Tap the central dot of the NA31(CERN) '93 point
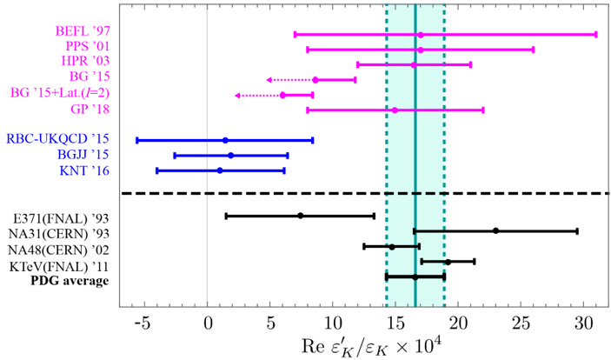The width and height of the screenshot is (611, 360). click(495, 230)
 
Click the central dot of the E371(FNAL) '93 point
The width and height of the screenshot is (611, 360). click(300, 216)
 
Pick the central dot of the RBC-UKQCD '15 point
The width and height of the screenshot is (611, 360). click(225, 140)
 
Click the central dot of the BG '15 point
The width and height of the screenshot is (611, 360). click(315, 79)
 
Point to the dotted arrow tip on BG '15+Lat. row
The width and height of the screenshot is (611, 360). click(237, 95)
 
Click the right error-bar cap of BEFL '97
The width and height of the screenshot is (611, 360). click(595, 34)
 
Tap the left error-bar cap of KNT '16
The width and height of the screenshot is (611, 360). click(157, 170)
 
